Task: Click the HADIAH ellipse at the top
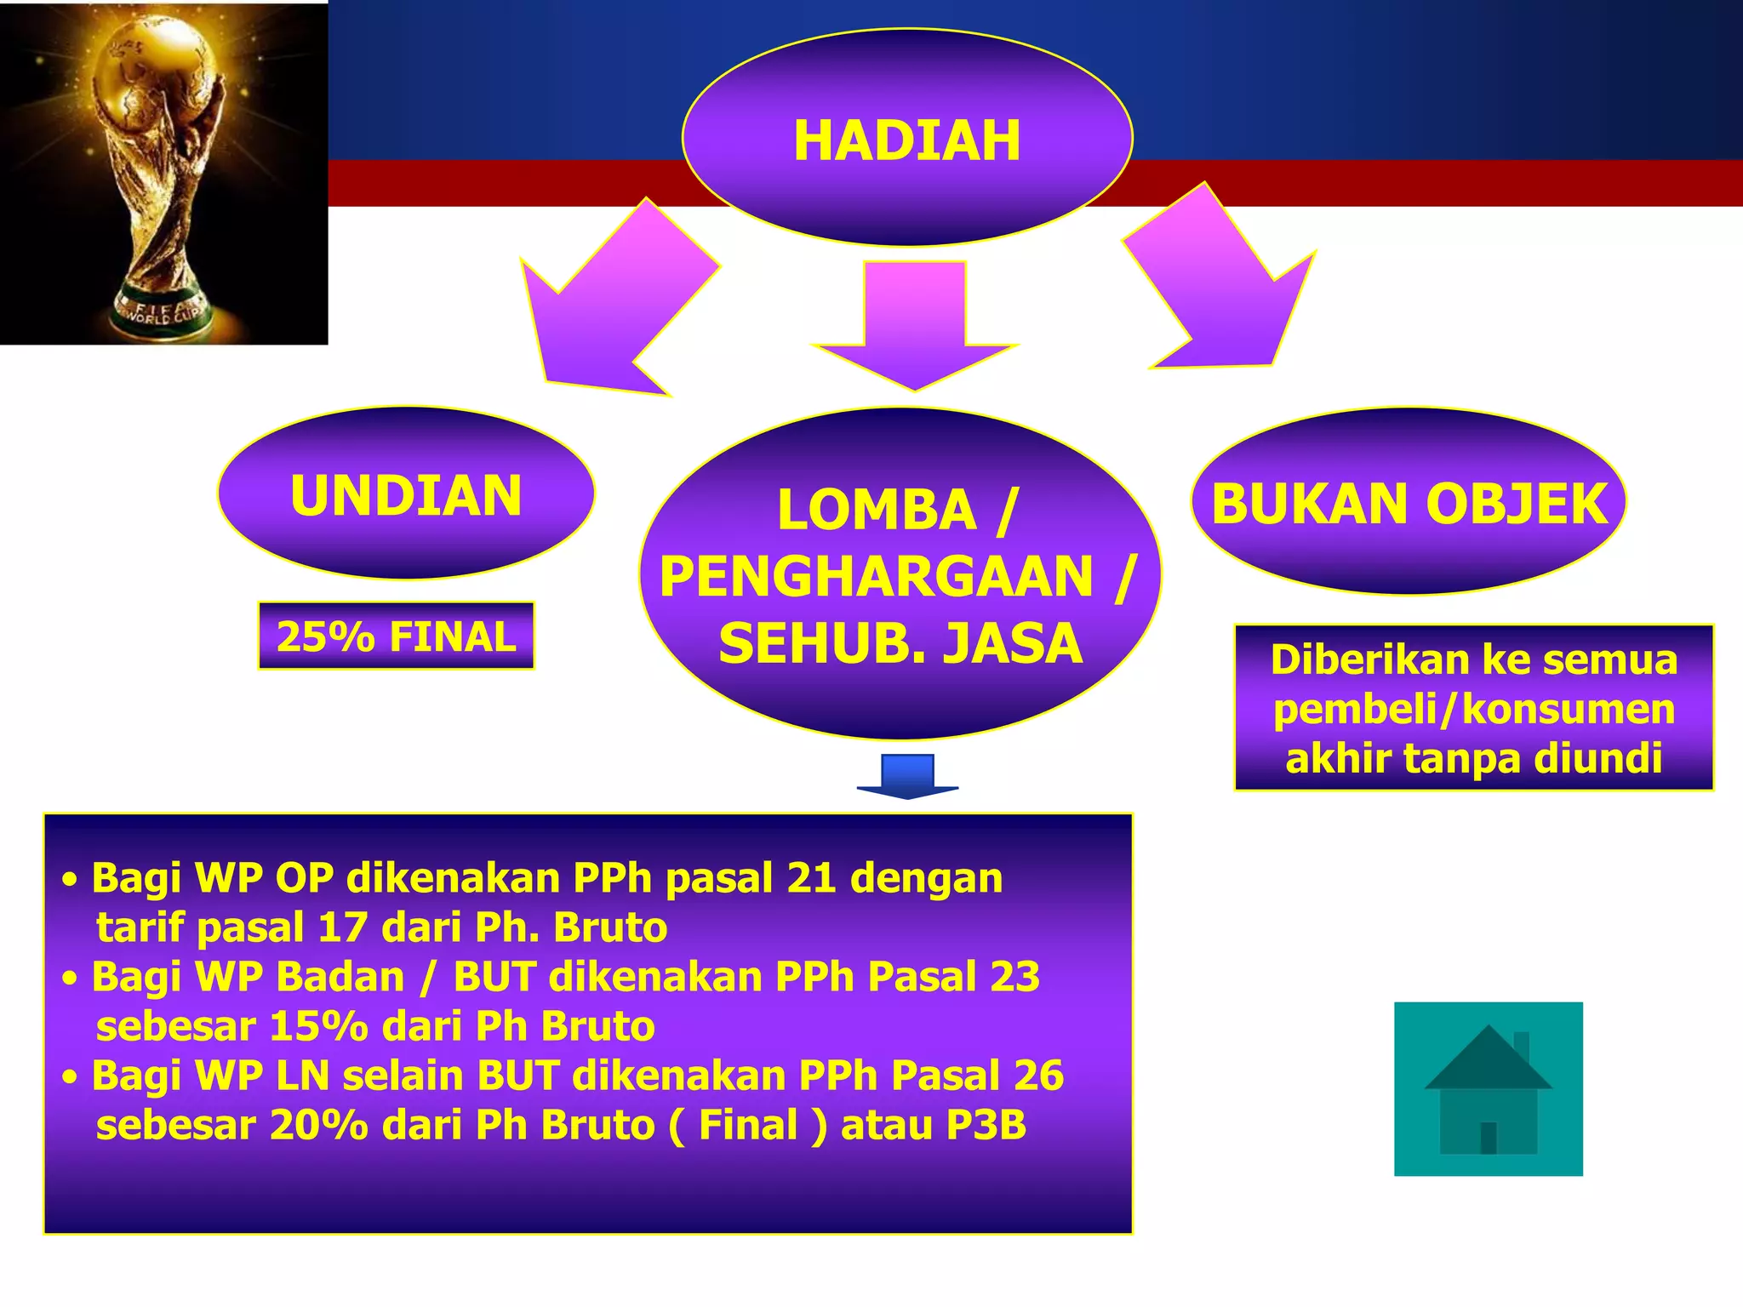[x=906, y=139]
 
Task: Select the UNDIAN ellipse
[x=406, y=494]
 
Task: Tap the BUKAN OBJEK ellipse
[x=1409, y=503]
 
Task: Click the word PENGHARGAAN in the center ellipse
[x=876, y=577]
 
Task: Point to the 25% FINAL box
[x=396, y=636]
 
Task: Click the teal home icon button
[x=1488, y=1089]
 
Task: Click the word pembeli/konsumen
[x=1473, y=709]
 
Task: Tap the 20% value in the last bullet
[x=319, y=1125]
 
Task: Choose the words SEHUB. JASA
[x=900, y=643]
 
